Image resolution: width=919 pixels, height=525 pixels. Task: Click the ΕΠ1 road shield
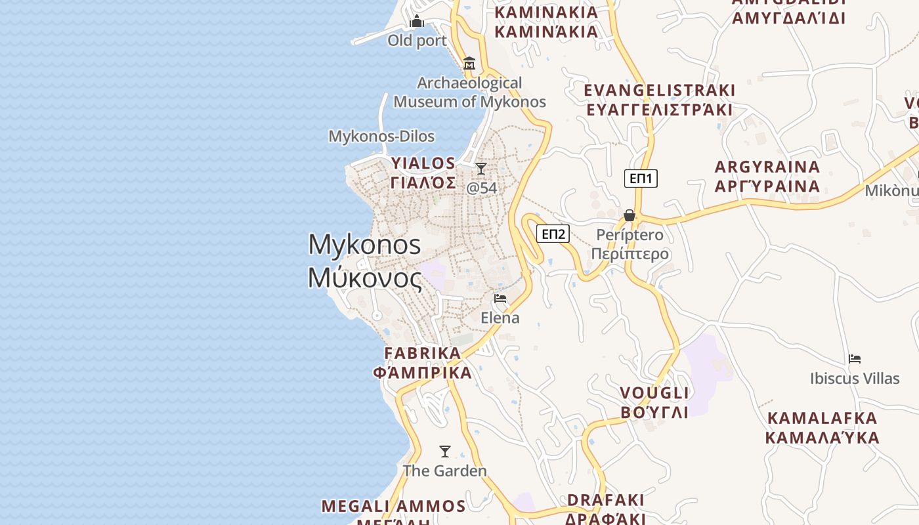click(x=641, y=178)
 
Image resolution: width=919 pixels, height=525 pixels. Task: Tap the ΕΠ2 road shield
click(x=553, y=234)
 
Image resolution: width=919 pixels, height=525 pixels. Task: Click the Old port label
click(x=417, y=41)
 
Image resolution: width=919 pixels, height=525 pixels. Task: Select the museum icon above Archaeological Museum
click(x=469, y=64)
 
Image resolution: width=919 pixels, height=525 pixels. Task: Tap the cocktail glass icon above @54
click(x=481, y=169)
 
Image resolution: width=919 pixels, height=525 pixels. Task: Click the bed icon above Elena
click(x=500, y=299)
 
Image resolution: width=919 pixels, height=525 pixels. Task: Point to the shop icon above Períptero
click(x=629, y=215)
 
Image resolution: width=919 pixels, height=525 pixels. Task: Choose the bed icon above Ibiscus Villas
click(x=854, y=359)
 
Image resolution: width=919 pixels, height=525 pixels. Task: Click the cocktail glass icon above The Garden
click(x=445, y=451)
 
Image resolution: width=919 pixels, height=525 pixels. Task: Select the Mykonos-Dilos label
click(x=381, y=136)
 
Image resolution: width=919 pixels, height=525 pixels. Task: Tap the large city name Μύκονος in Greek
click(x=365, y=278)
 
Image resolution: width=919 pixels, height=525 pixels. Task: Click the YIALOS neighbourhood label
click(x=423, y=163)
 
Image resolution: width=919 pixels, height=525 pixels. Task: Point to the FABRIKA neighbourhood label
click(x=423, y=353)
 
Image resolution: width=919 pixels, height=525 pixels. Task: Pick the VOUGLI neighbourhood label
click(x=655, y=393)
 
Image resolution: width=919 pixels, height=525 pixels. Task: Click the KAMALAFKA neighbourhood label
click(x=822, y=418)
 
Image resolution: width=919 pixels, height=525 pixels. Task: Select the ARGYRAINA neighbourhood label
click(x=767, y=167)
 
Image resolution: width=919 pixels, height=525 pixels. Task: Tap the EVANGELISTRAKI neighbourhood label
click(x=659, y=90)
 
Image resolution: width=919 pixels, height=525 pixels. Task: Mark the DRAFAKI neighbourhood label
click(x=605, y=500)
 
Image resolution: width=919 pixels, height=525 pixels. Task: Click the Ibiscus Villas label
click(x=854, y=379)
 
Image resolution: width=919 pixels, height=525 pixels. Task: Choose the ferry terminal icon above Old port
click(x=417, y=22)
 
